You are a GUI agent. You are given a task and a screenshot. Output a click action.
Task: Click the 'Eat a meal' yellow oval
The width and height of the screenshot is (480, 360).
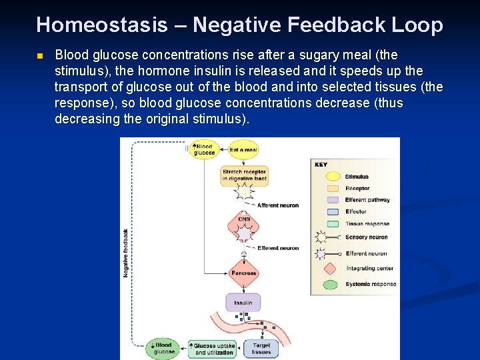(x=243, y=150)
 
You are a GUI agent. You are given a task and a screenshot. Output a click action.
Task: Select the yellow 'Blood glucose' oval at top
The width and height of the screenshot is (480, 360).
(x=203, y=150)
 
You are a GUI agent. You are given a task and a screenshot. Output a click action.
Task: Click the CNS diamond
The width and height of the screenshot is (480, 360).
(x=244, y=219)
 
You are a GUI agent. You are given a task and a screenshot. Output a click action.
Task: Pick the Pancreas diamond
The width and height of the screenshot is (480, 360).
(x=243, y=273)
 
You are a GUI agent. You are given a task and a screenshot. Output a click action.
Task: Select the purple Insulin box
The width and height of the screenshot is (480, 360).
(x=243, y=303)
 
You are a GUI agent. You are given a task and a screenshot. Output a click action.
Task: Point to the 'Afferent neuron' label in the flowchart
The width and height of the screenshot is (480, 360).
(x=277, y=205)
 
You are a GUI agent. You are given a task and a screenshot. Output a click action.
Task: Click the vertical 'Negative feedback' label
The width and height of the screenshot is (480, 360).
(x=125, y=253)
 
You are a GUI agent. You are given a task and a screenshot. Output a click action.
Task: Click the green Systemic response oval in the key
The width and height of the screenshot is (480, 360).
(x=329, y=285)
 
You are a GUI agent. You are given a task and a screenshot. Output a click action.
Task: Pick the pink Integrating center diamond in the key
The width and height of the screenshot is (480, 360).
(x=329, y=269)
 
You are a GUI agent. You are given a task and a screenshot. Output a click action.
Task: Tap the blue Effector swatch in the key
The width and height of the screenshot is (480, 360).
(x=329, y=212)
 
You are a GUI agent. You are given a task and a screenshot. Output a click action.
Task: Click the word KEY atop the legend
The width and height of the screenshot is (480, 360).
(x=321, y=164)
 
